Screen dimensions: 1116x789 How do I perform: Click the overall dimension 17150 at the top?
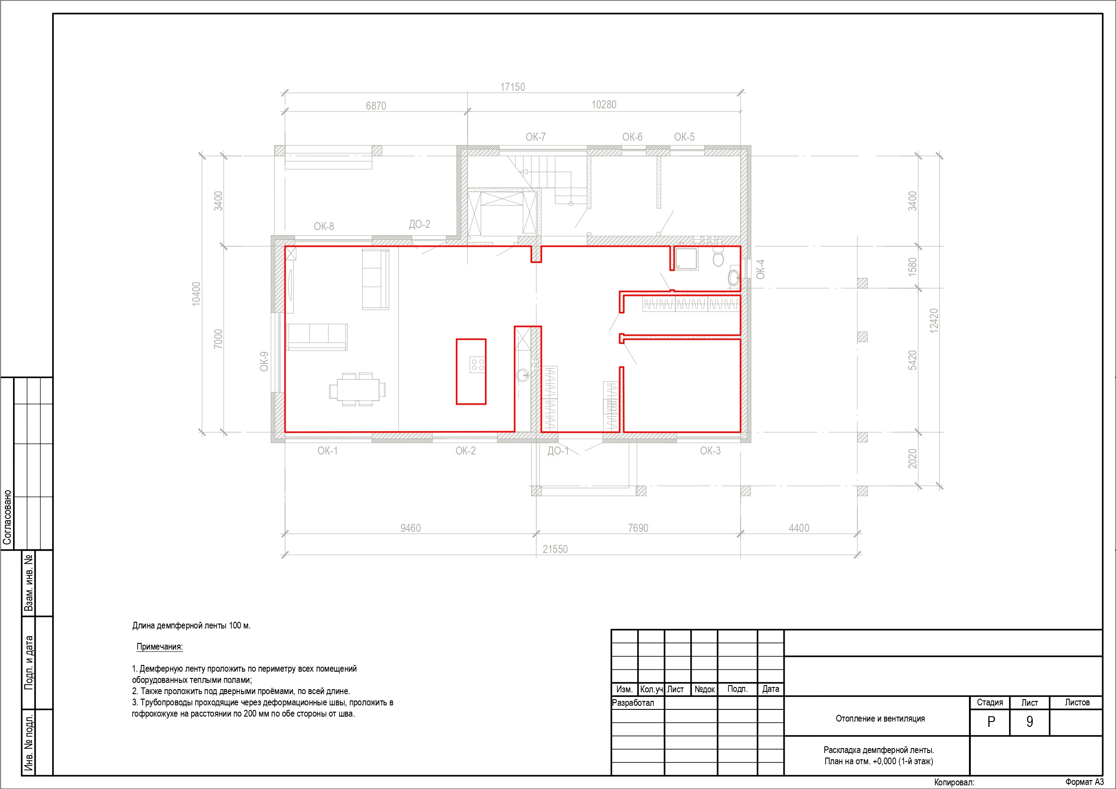(513, 87)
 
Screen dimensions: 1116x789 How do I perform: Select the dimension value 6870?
(376, 106)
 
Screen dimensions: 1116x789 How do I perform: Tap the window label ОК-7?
(535, 137)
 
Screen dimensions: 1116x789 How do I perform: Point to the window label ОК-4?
(761, 269)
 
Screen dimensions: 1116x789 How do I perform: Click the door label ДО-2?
(420, 224)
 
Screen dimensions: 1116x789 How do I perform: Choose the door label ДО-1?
(558, 450)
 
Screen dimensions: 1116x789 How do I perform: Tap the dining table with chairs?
(357, 389)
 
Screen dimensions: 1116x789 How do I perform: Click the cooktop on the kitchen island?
(478, 365)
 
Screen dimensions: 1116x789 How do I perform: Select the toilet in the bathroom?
(719, 256)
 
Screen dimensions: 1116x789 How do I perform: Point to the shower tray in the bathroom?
(686, 259)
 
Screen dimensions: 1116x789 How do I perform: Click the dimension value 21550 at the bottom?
(555, 549)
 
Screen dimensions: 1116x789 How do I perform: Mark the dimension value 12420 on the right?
(934, 321)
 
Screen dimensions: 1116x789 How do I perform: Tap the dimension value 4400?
(799, 528)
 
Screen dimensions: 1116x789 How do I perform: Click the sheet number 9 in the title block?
(1030, 722)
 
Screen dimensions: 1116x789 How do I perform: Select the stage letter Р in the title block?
(991, 722)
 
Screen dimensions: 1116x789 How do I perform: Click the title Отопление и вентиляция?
(880, 718)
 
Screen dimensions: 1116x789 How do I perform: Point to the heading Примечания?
(160, 646)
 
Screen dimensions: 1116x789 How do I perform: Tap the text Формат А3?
(1085, 782)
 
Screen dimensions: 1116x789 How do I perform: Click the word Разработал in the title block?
(633, 703)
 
